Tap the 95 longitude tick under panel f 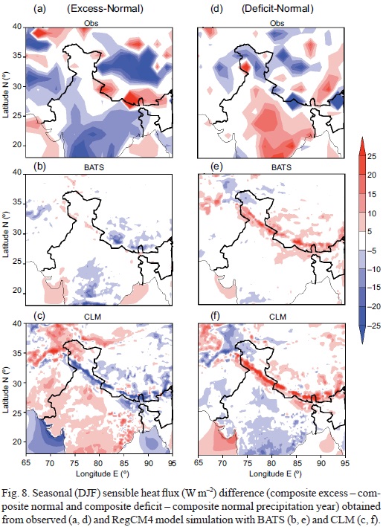[x=344, y=463]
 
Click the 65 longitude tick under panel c [x=26, y=463]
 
